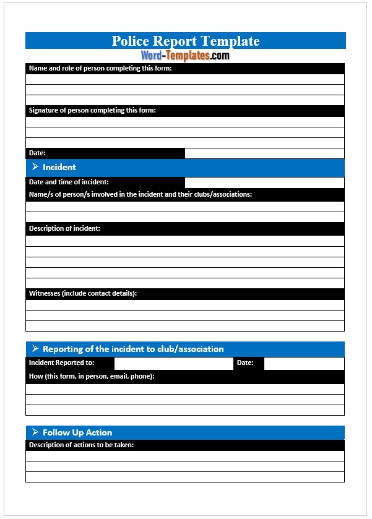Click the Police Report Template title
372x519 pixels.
point(185,41)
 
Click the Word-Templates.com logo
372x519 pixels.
point(185,56)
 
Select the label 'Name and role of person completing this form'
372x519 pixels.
point(100,68)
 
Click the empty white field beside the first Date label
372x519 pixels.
point(264,153)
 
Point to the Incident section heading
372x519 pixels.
point(59,167)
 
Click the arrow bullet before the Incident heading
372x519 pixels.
point(35,167)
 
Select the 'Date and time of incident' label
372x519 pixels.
point(69,182)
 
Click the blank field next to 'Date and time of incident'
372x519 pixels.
point(264,182)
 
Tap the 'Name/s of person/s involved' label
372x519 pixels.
point(141,194)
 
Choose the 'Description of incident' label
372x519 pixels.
point(64,228)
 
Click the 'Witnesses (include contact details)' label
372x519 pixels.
point(83,293)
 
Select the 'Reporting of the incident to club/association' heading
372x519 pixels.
point(133,349)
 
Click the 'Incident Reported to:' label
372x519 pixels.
point(62,362)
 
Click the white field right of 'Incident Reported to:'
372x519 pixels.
point(173,363)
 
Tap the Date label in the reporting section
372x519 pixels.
point(245,362)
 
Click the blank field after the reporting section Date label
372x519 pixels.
point(304,363)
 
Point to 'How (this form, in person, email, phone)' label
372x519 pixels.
point(92,376)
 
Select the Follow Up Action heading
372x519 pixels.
point(77,432)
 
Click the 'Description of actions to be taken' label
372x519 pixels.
point(81,445)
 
